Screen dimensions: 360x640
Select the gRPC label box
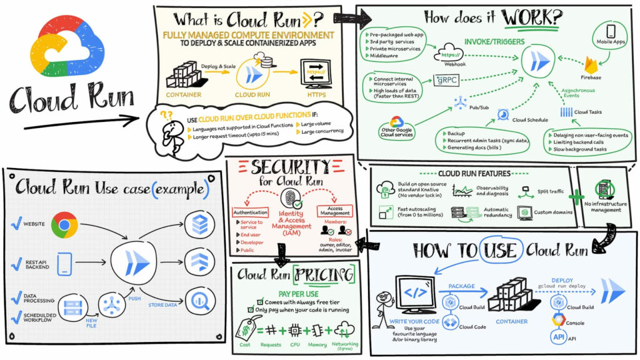click(447, 80)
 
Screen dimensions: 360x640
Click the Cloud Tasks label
click(588, 112)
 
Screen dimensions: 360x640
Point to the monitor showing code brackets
click(417, 294)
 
